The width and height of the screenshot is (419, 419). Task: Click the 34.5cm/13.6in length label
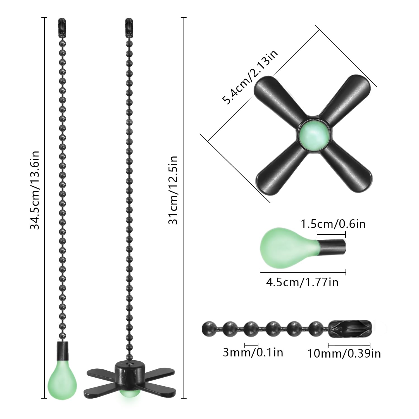click(x=35, y=190)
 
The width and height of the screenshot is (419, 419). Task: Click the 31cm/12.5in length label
click(x=173, y=190)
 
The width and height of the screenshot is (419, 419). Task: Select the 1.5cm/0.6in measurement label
click(x=333, y=224)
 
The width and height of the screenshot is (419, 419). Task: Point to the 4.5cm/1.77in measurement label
click(x=302, y=282)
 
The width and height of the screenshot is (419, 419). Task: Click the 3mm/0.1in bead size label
click(x=253, y=353)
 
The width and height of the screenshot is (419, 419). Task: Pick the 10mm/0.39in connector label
click(x=344, y=353)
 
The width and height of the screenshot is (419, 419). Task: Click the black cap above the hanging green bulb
click(x=63, y=351)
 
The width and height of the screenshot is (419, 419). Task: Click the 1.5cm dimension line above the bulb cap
click(x=331, y=234)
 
